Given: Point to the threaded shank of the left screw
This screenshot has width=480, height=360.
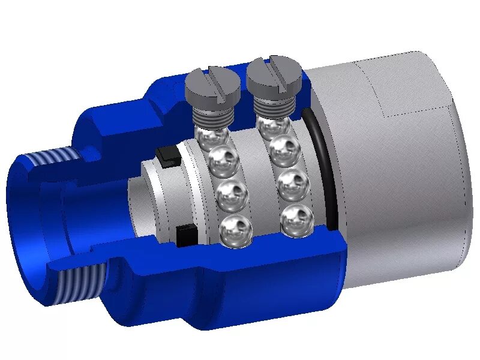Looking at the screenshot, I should pos(213,114).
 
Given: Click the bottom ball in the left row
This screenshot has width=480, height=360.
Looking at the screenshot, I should pos(236,230).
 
